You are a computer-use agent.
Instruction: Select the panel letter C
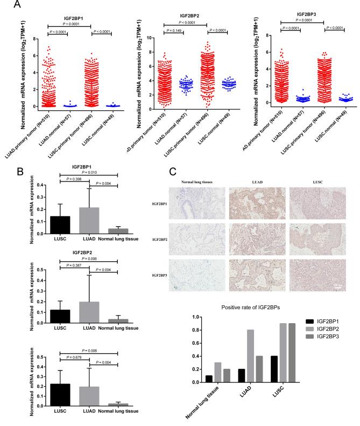point(173,172)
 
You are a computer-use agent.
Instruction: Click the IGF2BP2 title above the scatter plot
point(183,17)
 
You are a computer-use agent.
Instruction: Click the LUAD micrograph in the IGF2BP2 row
point(253,241)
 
